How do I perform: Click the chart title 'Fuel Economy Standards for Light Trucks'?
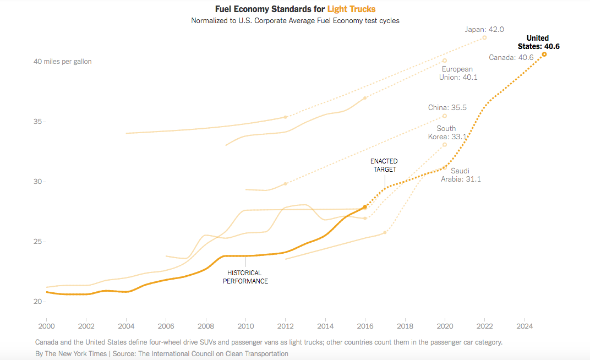[295, 9]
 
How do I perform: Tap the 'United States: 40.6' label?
[538, 42]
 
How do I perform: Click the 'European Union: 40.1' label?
[457, 73]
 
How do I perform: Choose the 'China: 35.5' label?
[447, 107]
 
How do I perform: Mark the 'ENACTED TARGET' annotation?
[384, 165]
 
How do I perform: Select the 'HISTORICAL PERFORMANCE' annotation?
[245, 277]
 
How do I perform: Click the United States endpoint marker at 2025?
[544, 54]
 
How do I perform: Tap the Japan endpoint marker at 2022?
[484, 37]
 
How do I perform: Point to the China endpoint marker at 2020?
[445, 116]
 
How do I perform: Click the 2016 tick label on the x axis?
[365, 325]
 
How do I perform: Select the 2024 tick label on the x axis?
[525, 325]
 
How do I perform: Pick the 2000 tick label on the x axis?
[46, 325]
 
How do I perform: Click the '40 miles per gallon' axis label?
[63, 62]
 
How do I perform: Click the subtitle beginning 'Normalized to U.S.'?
[295, 20]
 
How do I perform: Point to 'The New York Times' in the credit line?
[75, 353]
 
